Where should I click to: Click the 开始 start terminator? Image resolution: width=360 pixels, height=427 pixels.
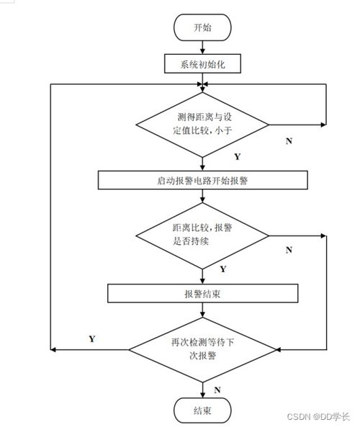click(202, 27)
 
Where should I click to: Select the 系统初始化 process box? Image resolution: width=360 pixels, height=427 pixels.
click(202, 63)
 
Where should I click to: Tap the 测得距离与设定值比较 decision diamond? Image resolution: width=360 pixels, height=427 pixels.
click(202, 125)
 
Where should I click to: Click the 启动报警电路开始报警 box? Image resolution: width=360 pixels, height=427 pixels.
click(203, 180)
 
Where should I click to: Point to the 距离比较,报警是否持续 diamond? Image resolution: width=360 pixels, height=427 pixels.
click(202, 236)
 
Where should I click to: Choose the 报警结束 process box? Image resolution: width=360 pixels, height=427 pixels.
click(203, 293)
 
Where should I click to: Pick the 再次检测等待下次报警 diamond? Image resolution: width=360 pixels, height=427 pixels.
click(202, 350)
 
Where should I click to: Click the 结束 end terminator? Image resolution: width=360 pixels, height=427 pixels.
click(202, 410)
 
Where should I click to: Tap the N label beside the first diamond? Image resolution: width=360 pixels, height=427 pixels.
click(289, 141)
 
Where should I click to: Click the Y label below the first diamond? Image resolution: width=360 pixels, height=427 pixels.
click(238, 156)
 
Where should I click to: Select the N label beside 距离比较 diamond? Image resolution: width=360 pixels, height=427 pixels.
click(289, 250)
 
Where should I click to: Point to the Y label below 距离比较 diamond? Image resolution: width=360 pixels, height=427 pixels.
click(223, 269)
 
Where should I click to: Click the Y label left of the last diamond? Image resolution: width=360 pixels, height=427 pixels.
click(92, 338)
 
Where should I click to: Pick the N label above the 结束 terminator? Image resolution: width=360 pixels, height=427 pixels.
click(217, 390)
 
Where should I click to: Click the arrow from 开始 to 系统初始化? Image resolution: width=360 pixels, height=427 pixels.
click(202, 48)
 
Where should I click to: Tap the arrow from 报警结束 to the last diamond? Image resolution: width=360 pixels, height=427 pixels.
click(202, 310)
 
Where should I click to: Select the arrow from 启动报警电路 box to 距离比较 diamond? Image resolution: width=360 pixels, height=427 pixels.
click(202, 196)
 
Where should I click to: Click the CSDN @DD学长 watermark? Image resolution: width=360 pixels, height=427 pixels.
click(318, 416)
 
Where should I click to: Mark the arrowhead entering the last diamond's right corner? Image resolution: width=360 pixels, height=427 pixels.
click(279, 350)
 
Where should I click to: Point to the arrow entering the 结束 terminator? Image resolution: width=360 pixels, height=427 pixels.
click(202, 390)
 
